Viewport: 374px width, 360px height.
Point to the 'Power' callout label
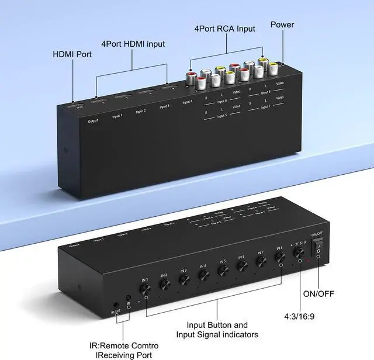point(282,25)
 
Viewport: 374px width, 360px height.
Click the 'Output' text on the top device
point(93,121)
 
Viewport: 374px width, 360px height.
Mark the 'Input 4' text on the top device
point(187,102)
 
